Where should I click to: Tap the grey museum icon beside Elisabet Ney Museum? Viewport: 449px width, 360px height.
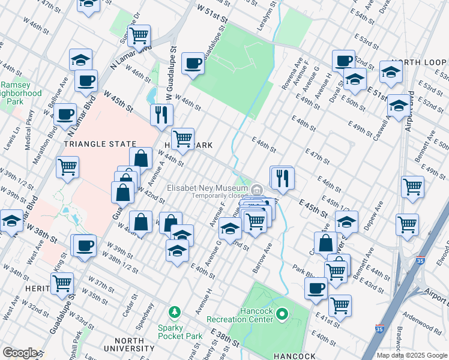[x=256, y=190]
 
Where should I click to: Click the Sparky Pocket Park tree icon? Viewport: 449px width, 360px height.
[x=174, y=313]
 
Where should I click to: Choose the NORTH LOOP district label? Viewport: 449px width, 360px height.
[x=418, y=62]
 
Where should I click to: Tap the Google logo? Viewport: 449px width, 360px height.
[x=20, y=352]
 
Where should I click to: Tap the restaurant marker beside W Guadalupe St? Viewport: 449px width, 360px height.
[x=161, y=115]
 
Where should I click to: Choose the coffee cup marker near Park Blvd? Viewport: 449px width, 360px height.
[x=316, y=288]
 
